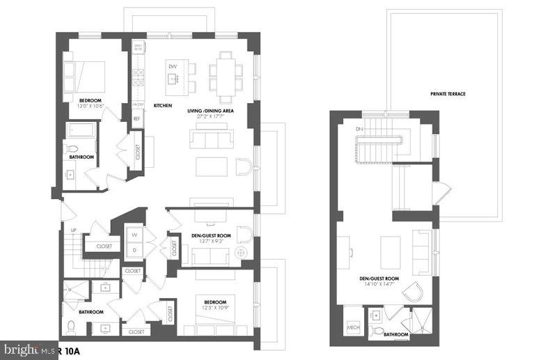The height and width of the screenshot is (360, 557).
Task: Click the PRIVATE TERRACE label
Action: pyautogui.click(x=448, y=94)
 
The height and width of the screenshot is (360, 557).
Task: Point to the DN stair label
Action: pyautogui.click(x=359, y=130)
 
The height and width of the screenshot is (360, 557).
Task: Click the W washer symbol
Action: pyautogui.click(x=134, y=235)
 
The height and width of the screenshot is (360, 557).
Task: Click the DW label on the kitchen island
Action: pyautogui.click(x=173, y=67)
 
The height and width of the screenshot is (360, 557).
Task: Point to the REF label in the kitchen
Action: pyautogui.click(x=137, y=118)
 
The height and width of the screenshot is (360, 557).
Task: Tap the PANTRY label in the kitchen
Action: pyautogui.click(x=138, y=104)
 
